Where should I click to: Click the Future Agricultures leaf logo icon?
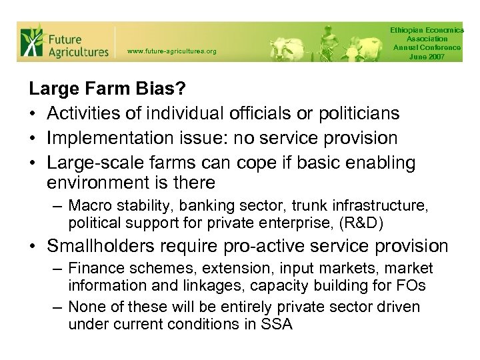point(31,41)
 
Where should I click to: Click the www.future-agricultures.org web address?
point(171,51)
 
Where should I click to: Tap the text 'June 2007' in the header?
point(427,56)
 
